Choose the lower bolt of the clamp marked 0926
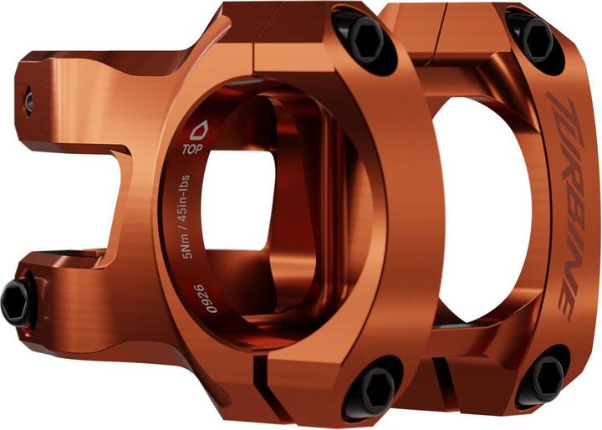tap(372, 386)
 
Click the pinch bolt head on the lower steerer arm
tap(16, 301)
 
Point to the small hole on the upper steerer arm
tap(28, 100)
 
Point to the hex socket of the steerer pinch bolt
tap(13, 302)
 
